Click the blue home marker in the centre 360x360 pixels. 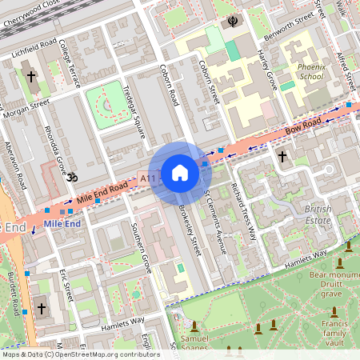[x=179, y=173]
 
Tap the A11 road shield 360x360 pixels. [x=147, y=178]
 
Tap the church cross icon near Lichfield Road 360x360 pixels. [x=31, y=77]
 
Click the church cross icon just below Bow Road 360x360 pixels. [x=282, y=158]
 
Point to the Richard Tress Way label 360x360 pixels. [x=242, y=210]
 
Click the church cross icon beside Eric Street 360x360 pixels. [x=42, y=308]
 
